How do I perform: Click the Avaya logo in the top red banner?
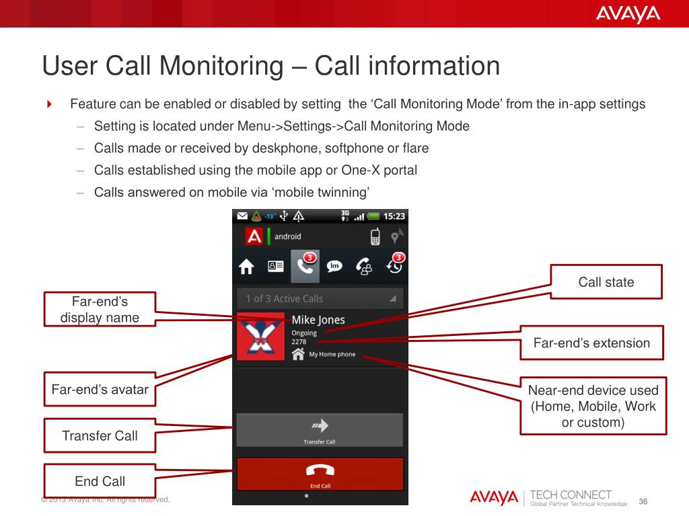point(628,13)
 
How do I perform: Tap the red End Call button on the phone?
point(320,474)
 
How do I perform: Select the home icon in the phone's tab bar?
point(246,266)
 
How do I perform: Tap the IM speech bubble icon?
point(334,266)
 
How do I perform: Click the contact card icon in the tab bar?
point(275,266)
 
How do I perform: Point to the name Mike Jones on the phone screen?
point(318,320)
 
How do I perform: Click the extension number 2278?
point(299,342)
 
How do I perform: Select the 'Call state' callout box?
point(606,282)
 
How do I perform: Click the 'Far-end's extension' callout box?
point(591,343)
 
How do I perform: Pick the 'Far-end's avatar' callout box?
point(100,389)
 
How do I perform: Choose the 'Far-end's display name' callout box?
point(100,309)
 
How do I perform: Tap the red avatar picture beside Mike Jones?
point(260,337)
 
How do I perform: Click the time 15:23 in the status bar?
point(394,216)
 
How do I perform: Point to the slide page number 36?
point(643,501)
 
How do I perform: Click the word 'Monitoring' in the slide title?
point(221,66)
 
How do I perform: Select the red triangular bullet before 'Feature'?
point(49,104)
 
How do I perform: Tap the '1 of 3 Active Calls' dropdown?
point(320,299)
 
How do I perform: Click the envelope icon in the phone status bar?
point(242,216)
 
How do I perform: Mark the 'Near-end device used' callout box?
point(593,406)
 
